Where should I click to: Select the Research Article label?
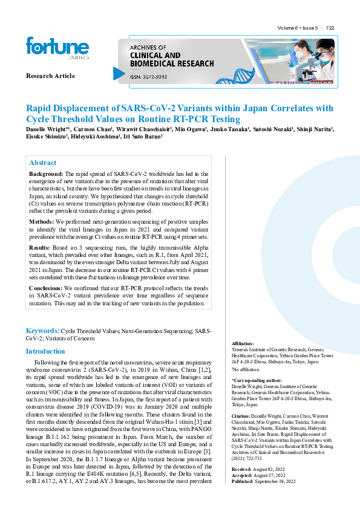(50, 76)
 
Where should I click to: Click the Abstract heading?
(43, 163)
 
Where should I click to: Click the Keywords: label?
(42, 331)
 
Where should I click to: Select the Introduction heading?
(45, 351)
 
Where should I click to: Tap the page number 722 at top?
(330, 28)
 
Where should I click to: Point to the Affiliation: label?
(243, 343)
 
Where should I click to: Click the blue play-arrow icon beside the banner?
(119, 73)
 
